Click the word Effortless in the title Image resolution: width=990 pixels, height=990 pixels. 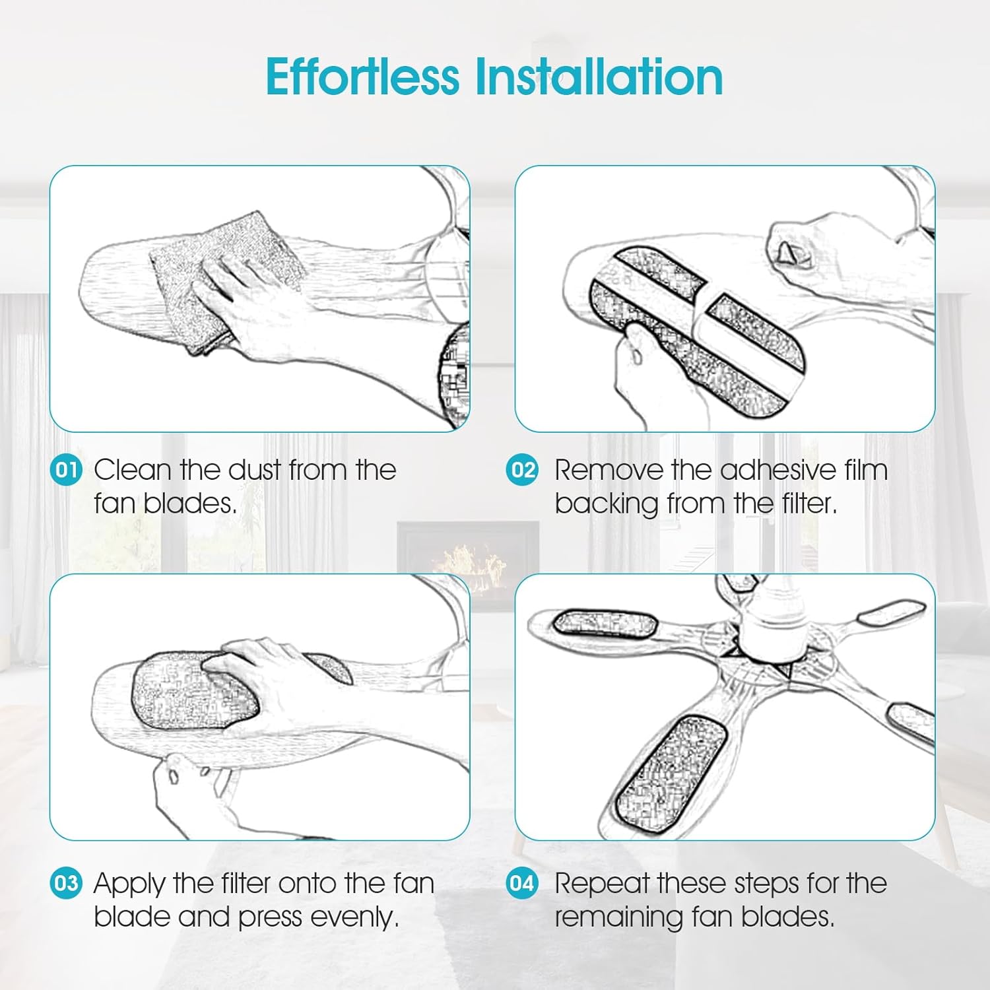(362, 77)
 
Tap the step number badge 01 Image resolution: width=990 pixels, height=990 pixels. (66, 470)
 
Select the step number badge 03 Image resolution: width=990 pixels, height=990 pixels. (66, 883)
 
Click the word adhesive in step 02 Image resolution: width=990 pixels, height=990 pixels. (777, 470)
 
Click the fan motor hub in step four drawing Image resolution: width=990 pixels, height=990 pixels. (771, 620)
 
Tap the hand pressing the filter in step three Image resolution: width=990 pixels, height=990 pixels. (277, 686)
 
